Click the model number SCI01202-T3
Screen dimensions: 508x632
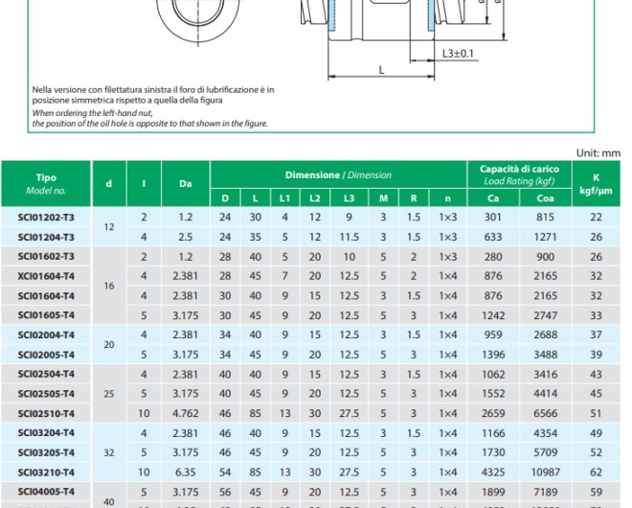point(46,218)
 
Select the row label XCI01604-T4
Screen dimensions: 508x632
point(46,276)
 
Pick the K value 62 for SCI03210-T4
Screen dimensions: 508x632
point(597,472)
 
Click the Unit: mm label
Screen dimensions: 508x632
point(598,152)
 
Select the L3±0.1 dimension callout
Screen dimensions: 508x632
point(459,53)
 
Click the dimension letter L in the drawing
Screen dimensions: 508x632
point(381,69)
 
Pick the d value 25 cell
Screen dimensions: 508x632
point(108,393)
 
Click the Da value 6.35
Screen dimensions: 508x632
point(185,472)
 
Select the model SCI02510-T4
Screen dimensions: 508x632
point(46,413)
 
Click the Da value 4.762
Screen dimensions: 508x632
point(185,413)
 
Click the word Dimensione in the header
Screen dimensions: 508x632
point(312,175)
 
